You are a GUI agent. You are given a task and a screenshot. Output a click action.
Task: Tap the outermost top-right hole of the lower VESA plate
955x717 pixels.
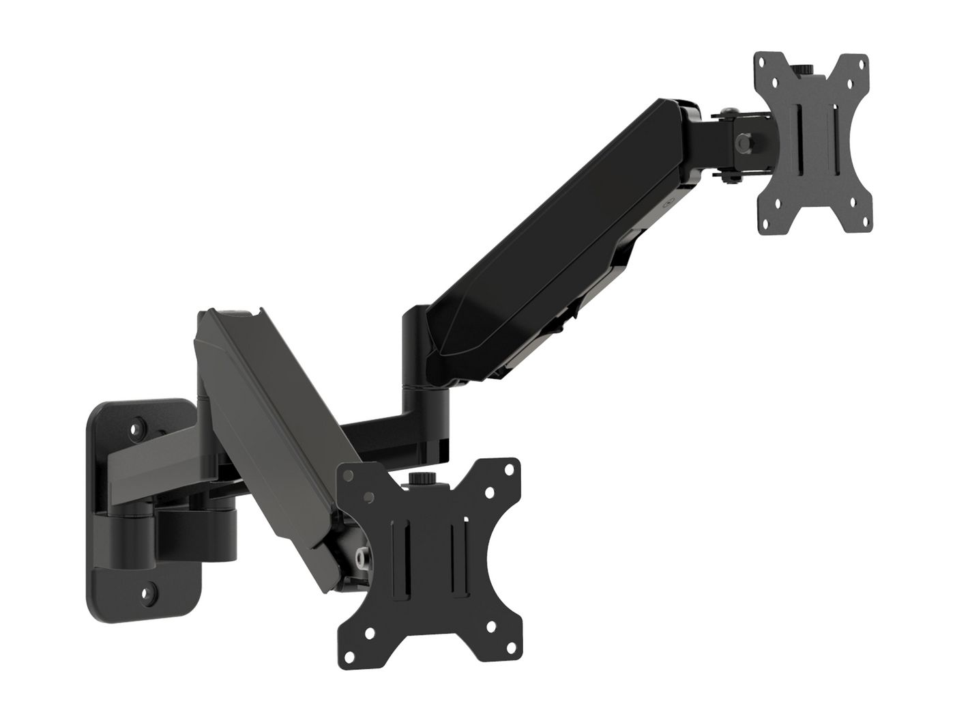(x=508, y=468)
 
